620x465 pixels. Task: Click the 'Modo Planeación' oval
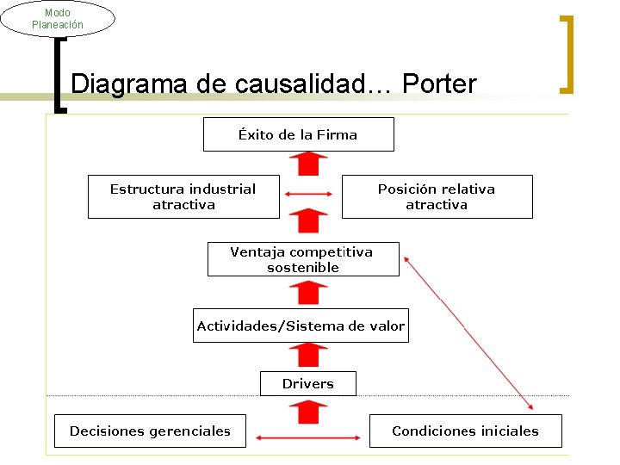click(58, 19)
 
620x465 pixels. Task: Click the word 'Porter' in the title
click(438, 84)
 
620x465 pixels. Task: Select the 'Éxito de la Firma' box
click(298, 134)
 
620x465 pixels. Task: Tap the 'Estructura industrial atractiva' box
click(183, 197)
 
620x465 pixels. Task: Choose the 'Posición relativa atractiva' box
click(437, 197)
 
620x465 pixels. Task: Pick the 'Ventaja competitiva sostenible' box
click(303, 259)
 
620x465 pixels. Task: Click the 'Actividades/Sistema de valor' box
click(301, 326)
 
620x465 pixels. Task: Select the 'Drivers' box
click(307, 384)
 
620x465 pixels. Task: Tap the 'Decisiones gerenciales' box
click(150, 431)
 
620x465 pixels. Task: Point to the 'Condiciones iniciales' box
click(465, 431)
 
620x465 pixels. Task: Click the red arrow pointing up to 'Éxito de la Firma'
click(307, 164)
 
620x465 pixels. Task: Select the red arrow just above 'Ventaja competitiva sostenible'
click(307, 221)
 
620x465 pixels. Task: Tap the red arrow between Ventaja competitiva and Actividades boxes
click(307, 292)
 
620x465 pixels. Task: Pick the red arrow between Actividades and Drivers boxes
click(307, 356)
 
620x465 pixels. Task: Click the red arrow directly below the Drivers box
click(307, 411)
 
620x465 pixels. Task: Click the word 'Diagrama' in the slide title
click(124, 84)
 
